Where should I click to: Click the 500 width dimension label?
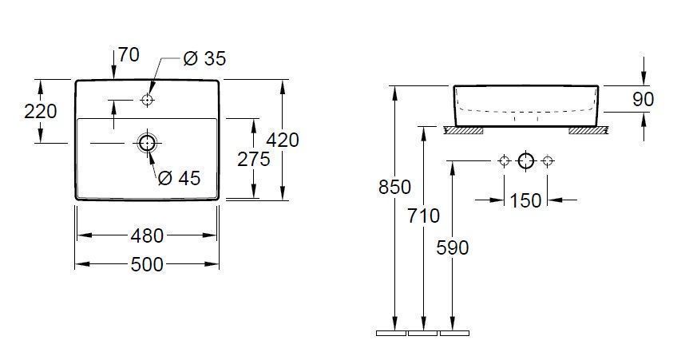pyautogui.click(x=147, y=263)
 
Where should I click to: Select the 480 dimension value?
pyautogui.click(x=147, y=236)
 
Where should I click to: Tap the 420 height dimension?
pyautogui.click(x=282, y=140)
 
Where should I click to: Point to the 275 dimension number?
pyautogui.click(x=254, y=159)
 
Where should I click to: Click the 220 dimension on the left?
pyautogui.click(x=40, y=111)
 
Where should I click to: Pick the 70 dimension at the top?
pyautogui.click(x=128, y=55)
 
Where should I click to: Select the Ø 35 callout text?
pyautogui.click(x=204, y=58)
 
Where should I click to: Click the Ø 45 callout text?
pyautogui.click(x=179, y=178)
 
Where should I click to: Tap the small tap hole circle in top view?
pyautogui.click(x=147, y=100)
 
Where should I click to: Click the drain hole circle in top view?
pyautogui.click(x=147, y=143)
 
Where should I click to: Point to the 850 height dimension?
pyautogui.click(x=394, y=188)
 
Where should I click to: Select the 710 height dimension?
pyautogui.click(x=423, y=216)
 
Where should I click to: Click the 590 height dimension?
pyautogui.click(x=453, y=247)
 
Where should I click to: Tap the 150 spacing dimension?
pyautogui.click(x=525, y=200)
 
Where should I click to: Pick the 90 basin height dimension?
pyautogui.click(x=643, y=99)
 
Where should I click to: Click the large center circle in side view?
pyautogui.click(x=525, y=161)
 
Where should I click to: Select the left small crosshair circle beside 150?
pyautogui.click(x=503, y=161)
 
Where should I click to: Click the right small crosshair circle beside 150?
pyautogui.click(x=548, y=161)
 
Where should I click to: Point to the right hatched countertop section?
pyautogui.click(x=587, y=129)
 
